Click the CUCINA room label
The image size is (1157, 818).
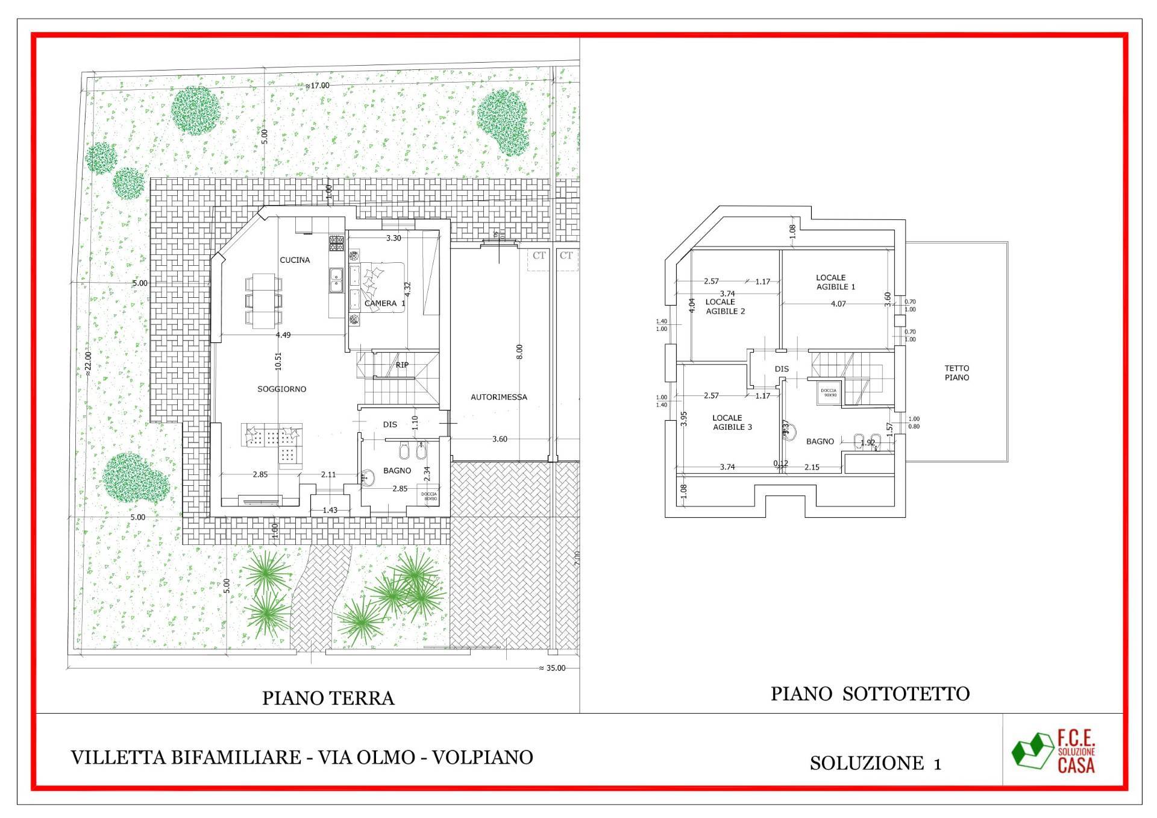coord(295,260)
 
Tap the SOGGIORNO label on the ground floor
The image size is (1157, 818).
coord(281,389)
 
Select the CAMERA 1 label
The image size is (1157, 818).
coord(384,303)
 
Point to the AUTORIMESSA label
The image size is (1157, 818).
coord(498,397)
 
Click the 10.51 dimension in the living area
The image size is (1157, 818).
coord(278,360)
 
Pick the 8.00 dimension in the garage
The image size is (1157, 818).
coord(519,351)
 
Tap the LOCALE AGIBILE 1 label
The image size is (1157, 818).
coord(835,282)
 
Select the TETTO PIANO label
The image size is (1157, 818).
coord(957,373)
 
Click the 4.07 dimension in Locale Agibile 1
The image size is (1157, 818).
coord(838,304)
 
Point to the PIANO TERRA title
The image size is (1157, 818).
coord(328,698)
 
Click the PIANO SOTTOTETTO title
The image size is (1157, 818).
coord(870,694)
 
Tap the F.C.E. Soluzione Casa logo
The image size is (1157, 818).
coord(1054,751)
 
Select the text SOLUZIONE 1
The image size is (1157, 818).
coord(875,763)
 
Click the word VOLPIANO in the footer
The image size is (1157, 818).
coord(482,757)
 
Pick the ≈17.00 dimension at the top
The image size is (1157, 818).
coord(318,86)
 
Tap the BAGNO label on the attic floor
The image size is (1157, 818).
coord(820,442)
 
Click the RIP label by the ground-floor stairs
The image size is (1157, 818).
coord(402,365)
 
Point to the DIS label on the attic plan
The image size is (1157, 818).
coord(782,369)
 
